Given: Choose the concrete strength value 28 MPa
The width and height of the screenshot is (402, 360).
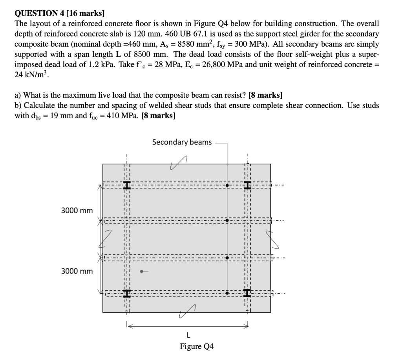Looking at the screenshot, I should (160, 64).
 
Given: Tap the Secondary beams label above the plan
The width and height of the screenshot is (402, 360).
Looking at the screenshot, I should (182, 142).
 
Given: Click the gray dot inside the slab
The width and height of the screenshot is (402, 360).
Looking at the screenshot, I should (142, 271).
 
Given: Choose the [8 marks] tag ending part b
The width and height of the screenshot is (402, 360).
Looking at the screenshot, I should (159, 116).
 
